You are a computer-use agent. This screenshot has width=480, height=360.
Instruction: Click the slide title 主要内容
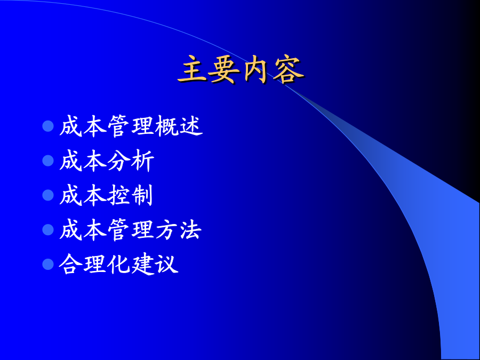(241, 69)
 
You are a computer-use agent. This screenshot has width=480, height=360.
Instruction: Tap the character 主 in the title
(193, 69)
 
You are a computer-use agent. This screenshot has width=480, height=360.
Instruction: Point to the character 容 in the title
(289, 69)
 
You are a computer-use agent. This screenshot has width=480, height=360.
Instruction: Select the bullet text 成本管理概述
(131, 126)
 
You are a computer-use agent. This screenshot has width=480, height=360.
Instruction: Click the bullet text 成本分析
(107, 161)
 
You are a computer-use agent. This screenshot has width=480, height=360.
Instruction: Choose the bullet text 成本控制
(106, 195)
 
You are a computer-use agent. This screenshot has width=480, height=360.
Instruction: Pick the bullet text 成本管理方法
(131, 229)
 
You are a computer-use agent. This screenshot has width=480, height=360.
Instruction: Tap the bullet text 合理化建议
(118, 264)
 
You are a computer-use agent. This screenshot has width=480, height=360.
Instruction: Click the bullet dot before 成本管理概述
(48, 126)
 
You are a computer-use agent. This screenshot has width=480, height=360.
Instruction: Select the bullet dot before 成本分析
(48, 161)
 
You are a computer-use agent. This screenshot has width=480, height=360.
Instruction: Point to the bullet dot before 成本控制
(48, 195)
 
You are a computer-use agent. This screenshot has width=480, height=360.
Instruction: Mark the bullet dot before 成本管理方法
(48, 229)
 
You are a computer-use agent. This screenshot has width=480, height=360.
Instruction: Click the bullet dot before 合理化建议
(48, 264)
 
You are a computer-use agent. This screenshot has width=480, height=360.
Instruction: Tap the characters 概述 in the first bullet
(179, 126)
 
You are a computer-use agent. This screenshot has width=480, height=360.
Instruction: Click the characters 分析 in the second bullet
(131, 161)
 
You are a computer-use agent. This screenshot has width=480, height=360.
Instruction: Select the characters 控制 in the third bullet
(130, 195)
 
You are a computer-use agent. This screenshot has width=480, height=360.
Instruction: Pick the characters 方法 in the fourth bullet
(179, 229)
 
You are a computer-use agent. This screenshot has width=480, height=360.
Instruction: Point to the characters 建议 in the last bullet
(155, 264)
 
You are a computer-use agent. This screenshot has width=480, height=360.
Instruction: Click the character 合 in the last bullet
(70, 264)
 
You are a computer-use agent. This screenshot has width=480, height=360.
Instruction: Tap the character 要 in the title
(224, 69)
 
